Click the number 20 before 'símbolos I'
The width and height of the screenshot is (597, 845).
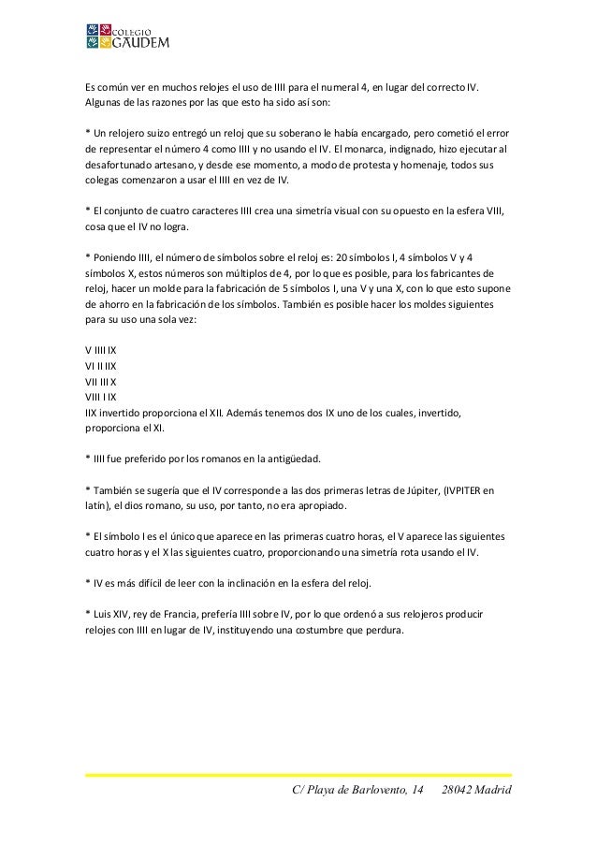[341, 256]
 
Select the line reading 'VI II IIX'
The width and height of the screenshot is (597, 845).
[100, 366]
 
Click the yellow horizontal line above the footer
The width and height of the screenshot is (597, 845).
[298, 775]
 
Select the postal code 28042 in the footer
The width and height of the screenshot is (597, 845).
[460, 794]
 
